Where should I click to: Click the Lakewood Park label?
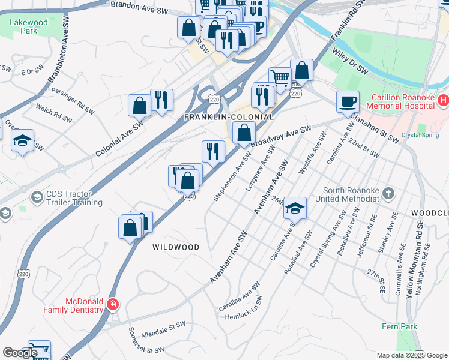pyautogui.click(x=28, y=26)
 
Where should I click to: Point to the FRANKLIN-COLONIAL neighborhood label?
pyautogui.click(x=229, y=117)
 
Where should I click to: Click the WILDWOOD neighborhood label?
pyautogui.click(x=175, y=247)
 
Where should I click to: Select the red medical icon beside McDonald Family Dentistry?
pyautogui.click(x=112, y=305)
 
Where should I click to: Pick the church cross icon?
pyautogui.click(x=389, y=193)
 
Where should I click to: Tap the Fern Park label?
pyautogui.click(x=398, y=326)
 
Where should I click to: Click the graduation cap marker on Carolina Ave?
pyautogui.click(x=295, y=208)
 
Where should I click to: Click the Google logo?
pyautogui.click(x=20, y=353)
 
